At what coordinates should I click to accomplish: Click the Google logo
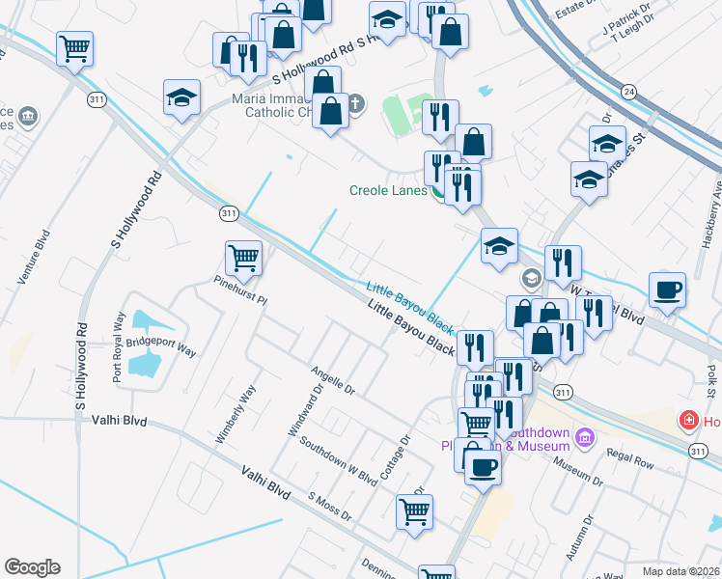32,567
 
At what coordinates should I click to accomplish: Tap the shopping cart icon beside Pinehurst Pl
243,258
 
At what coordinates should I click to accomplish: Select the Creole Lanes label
387,190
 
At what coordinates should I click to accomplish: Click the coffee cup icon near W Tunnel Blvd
667,289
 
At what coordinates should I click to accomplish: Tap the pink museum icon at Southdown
583,438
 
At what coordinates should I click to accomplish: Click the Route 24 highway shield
629,92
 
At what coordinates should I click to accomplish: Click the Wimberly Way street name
235,414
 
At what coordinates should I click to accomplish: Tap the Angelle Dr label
333,381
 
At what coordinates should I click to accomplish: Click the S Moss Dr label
330,508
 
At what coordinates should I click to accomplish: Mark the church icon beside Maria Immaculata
355,103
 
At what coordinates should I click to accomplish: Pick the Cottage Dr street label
396,456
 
